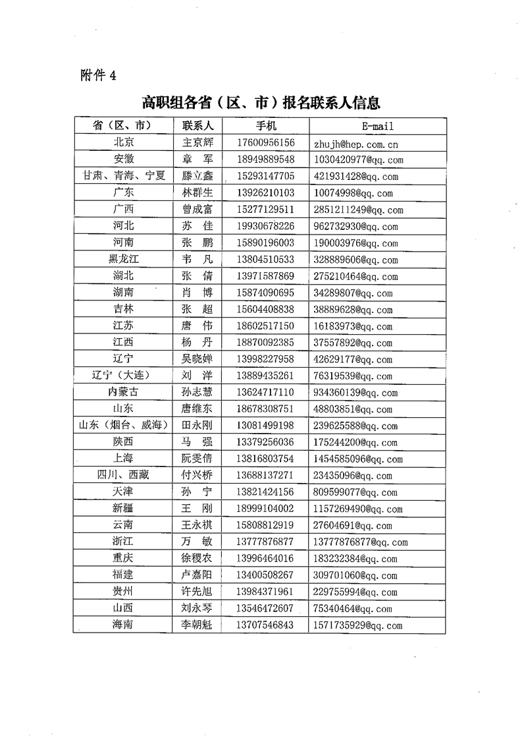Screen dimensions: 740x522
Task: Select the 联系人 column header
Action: click(x=197, y=125)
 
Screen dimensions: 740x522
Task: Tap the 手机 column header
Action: click(x=267, y=125)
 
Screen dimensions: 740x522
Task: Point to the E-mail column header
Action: click(x=377, y=125)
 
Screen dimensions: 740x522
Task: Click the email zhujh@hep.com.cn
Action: click(x=356, y=144)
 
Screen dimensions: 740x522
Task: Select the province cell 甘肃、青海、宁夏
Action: click(x=123, y=176)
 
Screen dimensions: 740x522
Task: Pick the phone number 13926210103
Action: click(x=267, y=193)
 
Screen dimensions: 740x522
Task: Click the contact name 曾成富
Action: click(x=197, y=210)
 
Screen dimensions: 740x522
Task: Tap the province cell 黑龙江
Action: click(x=123, y=260)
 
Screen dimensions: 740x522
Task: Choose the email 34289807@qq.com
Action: click(x=353, y=293)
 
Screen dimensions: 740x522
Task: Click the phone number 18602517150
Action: click(x=267, y=326)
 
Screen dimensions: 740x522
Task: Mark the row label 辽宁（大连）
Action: click(x=123, y=376)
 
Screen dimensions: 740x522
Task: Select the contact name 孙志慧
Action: click(x=197, y=393)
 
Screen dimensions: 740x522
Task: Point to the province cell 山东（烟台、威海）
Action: click(x=123, y=426)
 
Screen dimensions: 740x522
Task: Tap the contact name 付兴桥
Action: click(x=197, y=475)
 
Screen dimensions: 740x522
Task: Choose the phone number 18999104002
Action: click(x=267, y=509)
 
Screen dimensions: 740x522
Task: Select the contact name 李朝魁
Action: click(x=197, y=625)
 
